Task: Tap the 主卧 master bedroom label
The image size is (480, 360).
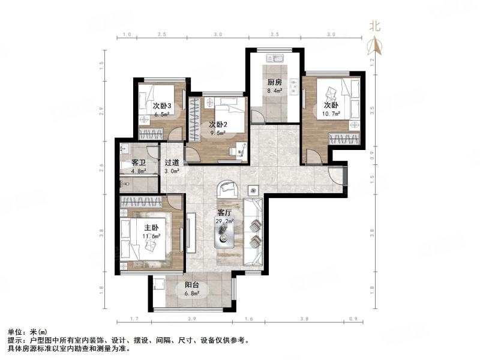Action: (151, 227)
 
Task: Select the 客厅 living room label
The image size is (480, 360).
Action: (224, 212)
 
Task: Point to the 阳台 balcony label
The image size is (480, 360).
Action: (192, 285)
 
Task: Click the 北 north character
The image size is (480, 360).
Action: (375, 26)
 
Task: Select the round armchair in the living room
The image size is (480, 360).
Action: (228, 188)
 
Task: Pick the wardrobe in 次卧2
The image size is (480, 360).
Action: (193, 120)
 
